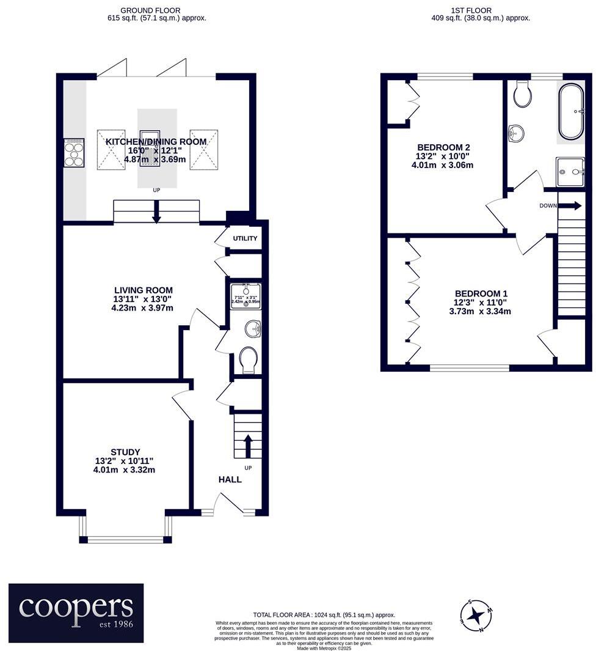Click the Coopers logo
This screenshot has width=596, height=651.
point(76,612)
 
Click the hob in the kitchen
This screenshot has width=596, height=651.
point(74,153)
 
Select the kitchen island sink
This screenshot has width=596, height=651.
point(150,148)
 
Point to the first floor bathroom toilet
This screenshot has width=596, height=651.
point(522,94)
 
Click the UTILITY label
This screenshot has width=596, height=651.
point(245,238)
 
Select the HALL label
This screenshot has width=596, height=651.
point(230,479)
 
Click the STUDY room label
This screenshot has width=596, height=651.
point(126,452)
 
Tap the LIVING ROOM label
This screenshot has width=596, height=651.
point(143,290)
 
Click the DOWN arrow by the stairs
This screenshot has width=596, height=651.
point(569,206)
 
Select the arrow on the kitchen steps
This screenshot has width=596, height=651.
point(156,214)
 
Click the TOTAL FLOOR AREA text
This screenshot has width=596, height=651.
point(324,614)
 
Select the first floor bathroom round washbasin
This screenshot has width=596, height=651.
point(517,131)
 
